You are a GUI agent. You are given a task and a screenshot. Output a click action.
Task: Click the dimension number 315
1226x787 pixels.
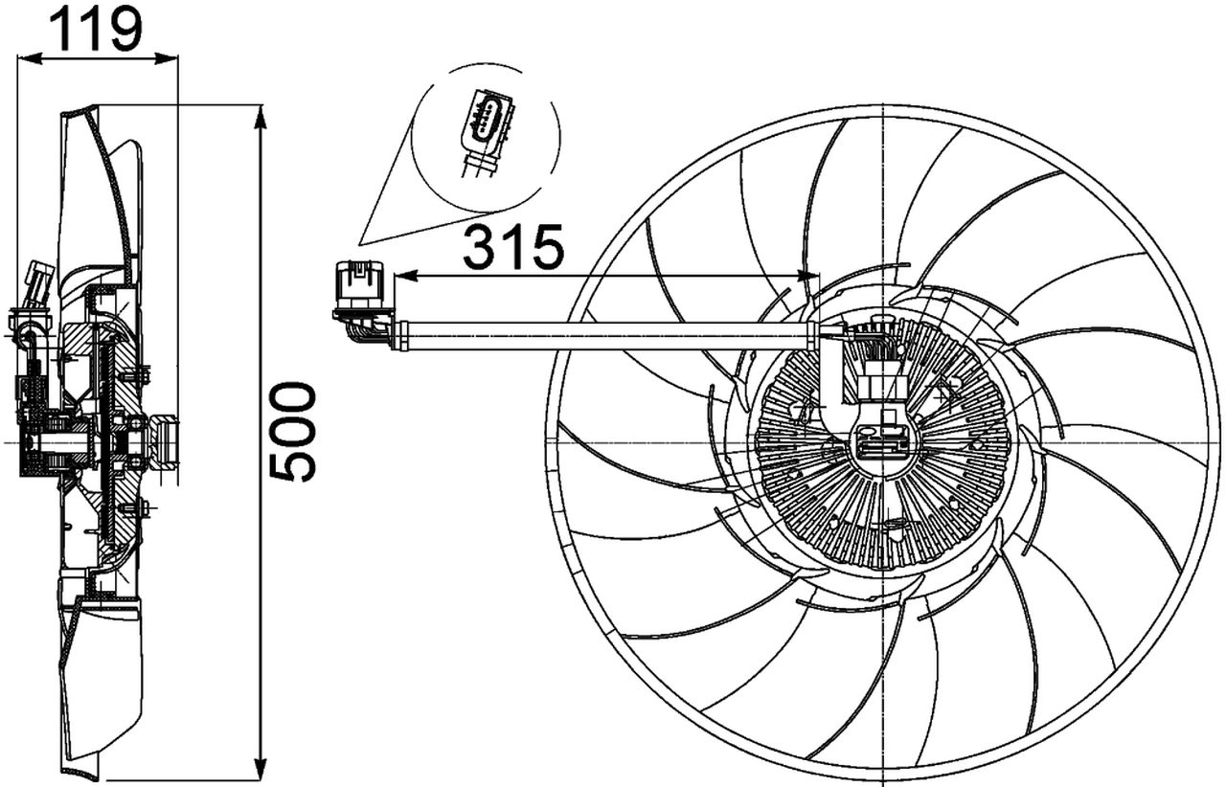(513, 249)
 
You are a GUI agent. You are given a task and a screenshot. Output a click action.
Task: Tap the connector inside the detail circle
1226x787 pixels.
(486, 129)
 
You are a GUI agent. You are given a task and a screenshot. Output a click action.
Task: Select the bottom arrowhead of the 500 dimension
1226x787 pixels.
(261, 768)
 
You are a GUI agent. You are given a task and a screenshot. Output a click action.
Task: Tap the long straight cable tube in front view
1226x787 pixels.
(603, 335)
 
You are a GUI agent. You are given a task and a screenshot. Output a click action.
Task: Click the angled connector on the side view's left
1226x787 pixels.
(38, 284)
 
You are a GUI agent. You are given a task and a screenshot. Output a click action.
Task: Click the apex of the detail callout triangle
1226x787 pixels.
(360, 241)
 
